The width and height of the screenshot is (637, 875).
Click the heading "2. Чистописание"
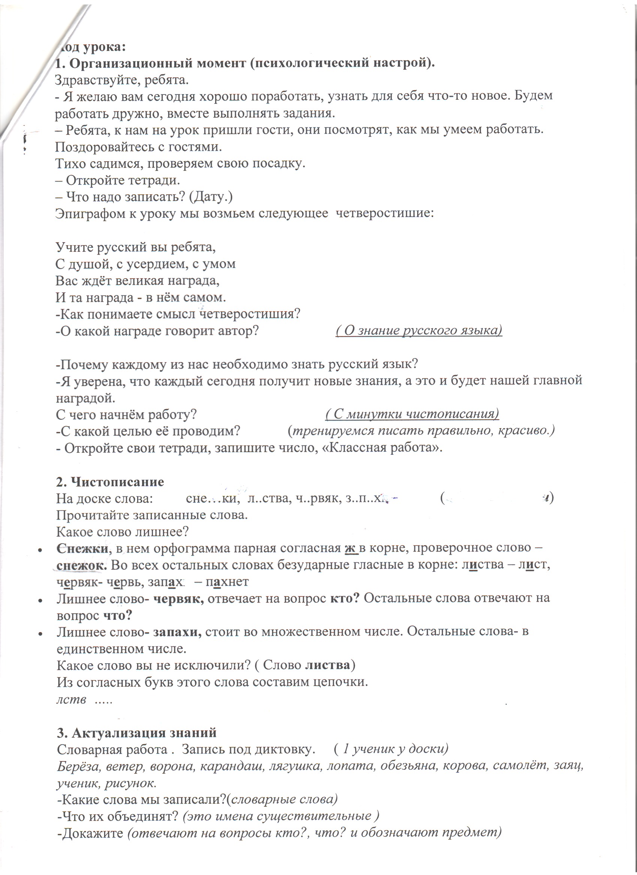pos(110,482)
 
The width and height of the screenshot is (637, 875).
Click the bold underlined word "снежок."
pos(82,565)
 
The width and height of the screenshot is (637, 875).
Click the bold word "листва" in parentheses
pos(328,665)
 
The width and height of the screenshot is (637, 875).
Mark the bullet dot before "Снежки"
pos(40,550)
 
